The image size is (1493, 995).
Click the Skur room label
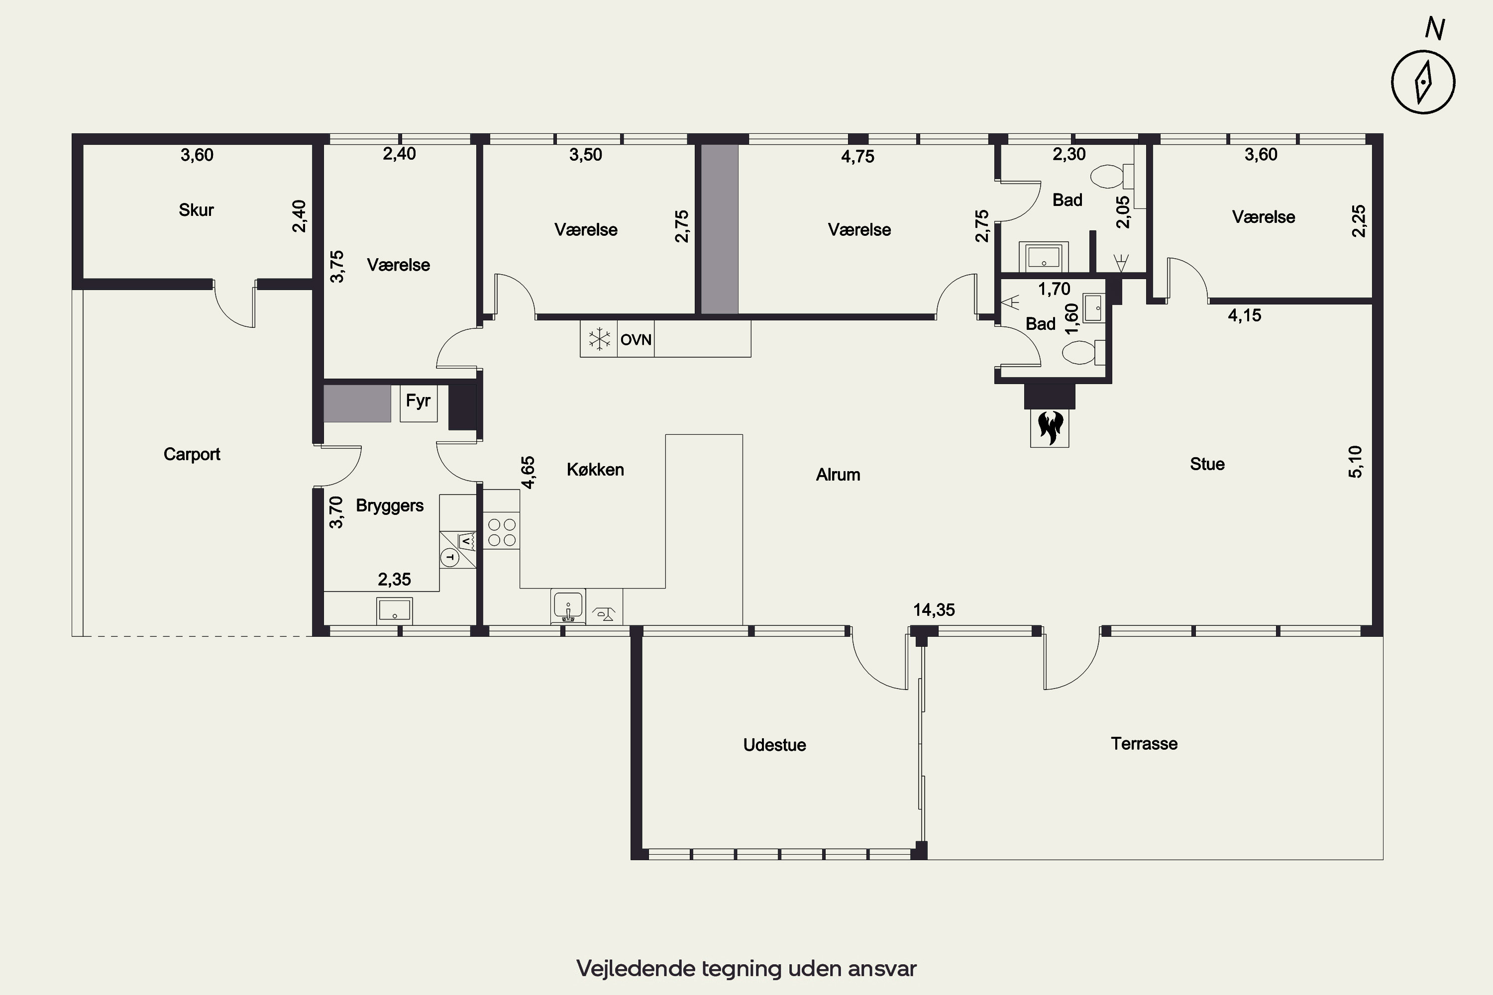pos(196,210)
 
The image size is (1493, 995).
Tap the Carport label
pos(192,454)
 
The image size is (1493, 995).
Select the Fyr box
pos(419,403)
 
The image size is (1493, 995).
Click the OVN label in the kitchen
pos(636,339)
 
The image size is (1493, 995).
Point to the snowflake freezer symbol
pos(599,339)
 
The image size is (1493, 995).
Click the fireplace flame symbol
pos(1050,427)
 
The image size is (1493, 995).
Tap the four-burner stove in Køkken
pos(502,532)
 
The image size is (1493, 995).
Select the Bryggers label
pos(390,506)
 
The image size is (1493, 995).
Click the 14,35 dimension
pos(934,610)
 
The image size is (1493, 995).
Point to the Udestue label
pos(774,745)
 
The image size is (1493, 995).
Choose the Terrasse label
pos(1144,744)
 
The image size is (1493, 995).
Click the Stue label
pos(1207,464)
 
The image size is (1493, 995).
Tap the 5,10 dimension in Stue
pos(1355,462)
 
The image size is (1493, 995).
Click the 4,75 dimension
pos(857,156)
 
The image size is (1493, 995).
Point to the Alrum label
pos(838,475)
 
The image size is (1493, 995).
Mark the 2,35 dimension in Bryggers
pos(394,580)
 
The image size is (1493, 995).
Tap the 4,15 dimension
pos(1244,315)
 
